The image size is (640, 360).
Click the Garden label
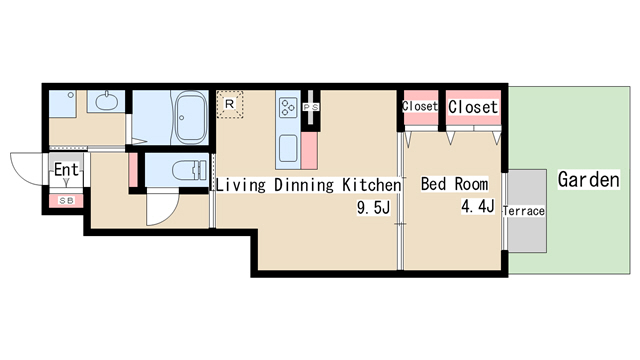589,180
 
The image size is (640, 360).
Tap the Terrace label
524,211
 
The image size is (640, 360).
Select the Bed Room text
454,184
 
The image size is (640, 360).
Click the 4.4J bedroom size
478,206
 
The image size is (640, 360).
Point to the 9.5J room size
373,207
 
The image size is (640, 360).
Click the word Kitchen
371,185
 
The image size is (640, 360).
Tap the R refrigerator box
230,104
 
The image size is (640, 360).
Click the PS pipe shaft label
311,107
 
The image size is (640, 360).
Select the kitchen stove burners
288,106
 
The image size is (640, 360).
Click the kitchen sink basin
288,149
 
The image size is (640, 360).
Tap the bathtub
191,117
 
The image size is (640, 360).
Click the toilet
189,170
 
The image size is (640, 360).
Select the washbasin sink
107,101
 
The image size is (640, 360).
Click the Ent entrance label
66,169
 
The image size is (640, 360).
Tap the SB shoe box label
67,201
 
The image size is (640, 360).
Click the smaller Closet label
420,106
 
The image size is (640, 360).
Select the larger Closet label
473,107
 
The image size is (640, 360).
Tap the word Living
240,185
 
